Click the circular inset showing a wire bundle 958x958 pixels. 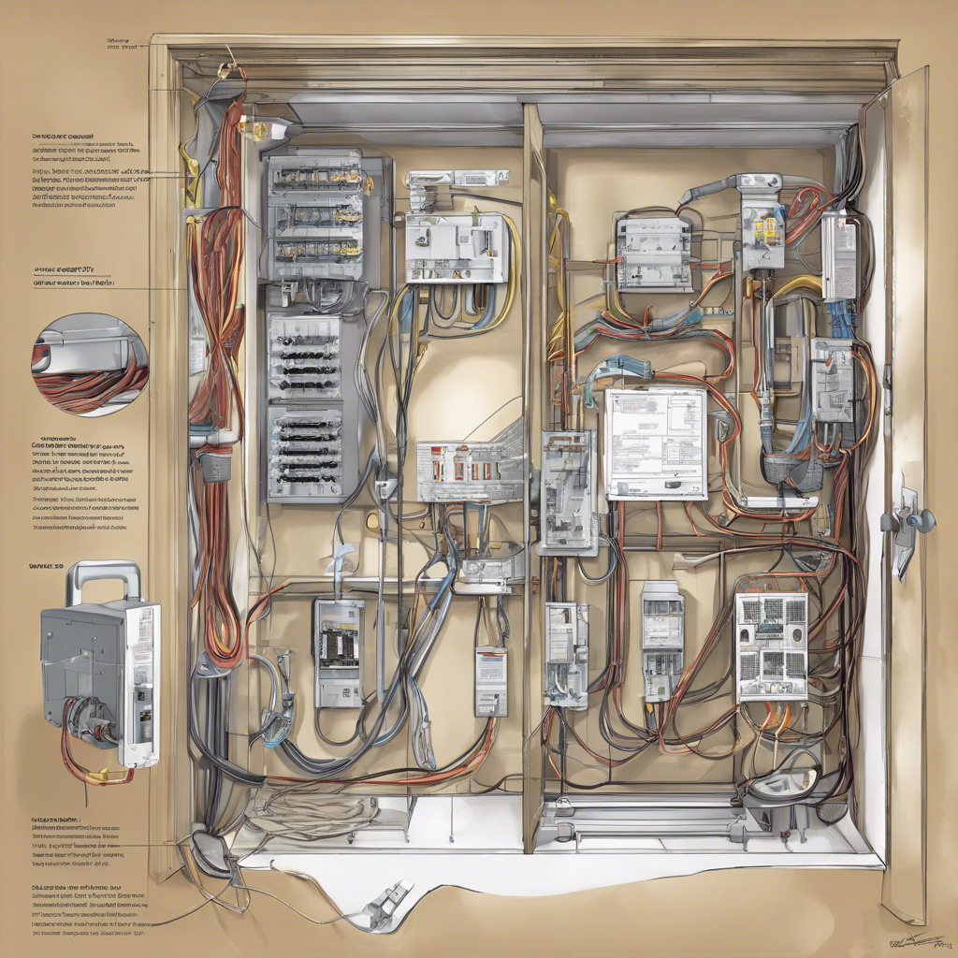(x=89, y=364)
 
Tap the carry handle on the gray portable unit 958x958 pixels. (x=103, y=578)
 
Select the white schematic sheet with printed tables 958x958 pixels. (x=655, y=444)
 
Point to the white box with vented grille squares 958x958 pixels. (x=771, y=646)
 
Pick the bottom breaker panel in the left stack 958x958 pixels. (x=306, y=451)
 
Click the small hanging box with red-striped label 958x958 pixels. (x=491, y=681)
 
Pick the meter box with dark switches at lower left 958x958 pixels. (x=338, y=652)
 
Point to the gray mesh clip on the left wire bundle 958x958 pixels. (x=215, y=464)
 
